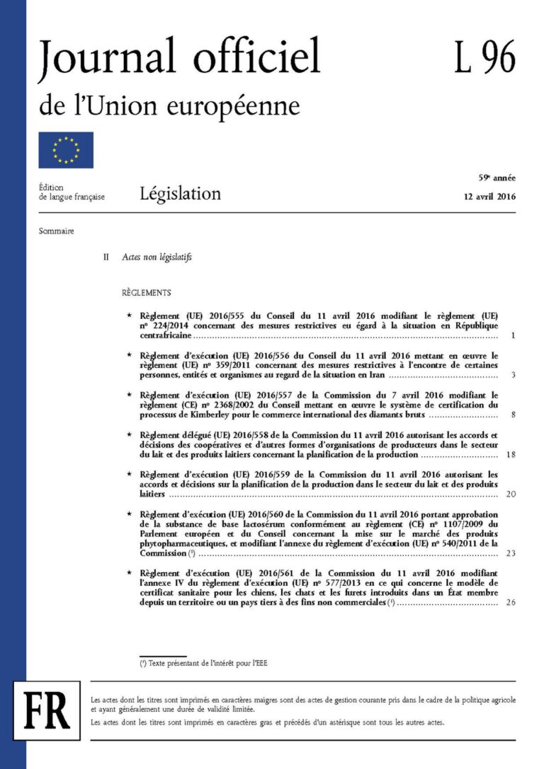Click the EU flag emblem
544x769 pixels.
(x=66, y=149)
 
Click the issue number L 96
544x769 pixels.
(x=484, y=59)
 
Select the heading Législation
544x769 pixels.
(x=180, y=193)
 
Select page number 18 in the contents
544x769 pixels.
(x=511, y=454)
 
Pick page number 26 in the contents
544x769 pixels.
(x=511, y=603)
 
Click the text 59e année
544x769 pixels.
(x=497, y=179)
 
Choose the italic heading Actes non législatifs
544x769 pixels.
(x=157, y=258)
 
